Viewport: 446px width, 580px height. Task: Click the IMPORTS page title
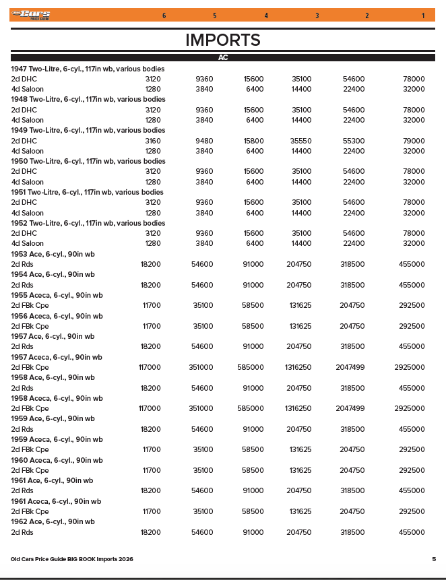[x=223, y=40]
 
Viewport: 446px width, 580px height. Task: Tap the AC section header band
[x=223, y=58]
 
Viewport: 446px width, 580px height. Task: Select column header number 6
[x=164, y=15]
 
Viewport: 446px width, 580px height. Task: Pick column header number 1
[x=423, y=15]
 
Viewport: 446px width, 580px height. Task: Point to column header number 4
[x=266, y=15]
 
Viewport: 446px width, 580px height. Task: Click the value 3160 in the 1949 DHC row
[x=153, y=141]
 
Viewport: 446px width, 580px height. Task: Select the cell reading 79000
[x=413, y=141]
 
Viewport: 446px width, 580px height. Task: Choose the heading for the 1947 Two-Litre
[x=88, y=69]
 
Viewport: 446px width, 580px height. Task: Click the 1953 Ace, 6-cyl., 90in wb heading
[x=53, y=254]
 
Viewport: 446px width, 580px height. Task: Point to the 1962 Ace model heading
[x=53, y=522]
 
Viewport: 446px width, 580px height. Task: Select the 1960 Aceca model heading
[x=57, y=460]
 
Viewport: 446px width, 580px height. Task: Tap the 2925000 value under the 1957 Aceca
[x=410, y=367]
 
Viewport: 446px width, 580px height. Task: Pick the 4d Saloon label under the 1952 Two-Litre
[x=27, y=244]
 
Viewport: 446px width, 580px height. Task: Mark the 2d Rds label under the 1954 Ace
[x=22, y=285]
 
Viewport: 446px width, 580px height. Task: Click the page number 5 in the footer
[x=434, y=559]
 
